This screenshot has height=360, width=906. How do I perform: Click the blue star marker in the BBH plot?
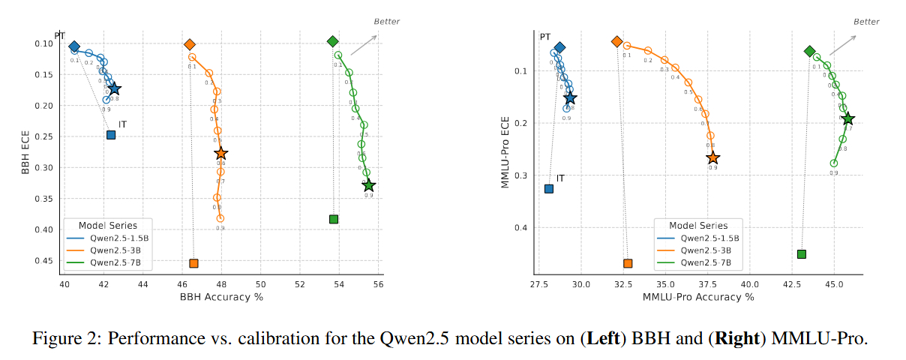pos(114,89)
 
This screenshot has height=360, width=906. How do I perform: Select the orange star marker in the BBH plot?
pos(220,153)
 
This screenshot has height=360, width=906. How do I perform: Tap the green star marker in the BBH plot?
pos(368,185)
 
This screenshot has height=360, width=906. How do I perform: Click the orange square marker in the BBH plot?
pos(193,263)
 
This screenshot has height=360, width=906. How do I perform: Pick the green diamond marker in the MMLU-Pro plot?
pos(809,51)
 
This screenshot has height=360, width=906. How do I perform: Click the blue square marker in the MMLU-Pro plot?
pos(549,189)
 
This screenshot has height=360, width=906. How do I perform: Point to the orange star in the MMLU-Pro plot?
pos(712,157)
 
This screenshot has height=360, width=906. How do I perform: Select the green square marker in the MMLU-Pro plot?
pos(801,254)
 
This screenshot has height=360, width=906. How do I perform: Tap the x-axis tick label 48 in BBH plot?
pos(221,285)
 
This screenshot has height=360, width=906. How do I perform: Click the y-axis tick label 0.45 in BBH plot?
pos(43,261)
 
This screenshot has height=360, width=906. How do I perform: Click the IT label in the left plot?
pos(122,124)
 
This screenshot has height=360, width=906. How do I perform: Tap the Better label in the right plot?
pos(866,22)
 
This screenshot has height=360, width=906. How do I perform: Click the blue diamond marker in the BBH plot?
pos(74,46)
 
